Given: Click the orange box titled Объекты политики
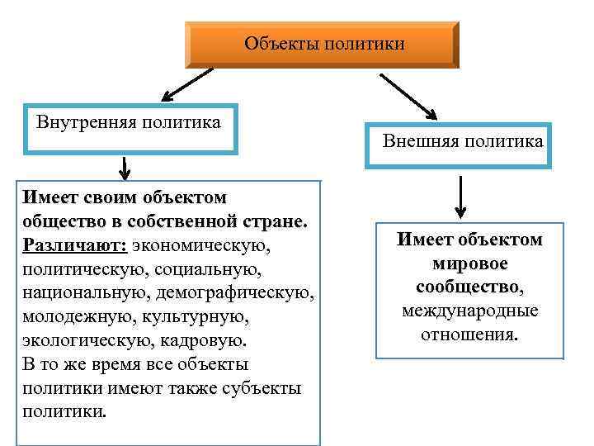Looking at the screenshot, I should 322,45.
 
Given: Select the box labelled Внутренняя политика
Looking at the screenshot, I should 131,128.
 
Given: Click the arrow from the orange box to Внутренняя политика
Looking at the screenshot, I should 186,85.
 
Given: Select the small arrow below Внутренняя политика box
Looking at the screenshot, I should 124,168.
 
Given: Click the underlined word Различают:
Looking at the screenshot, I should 74,246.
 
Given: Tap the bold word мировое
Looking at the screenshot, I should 469,264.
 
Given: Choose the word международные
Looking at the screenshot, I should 470,311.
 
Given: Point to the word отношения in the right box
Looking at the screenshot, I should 470,335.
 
